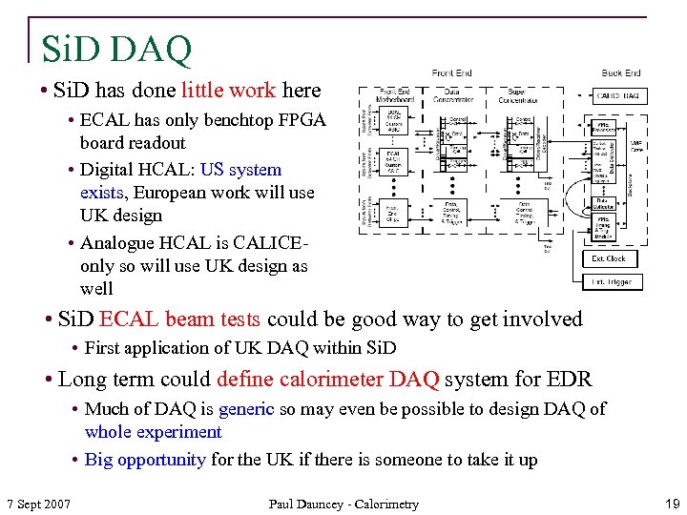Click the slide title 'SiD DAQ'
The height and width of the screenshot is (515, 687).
[116, 48]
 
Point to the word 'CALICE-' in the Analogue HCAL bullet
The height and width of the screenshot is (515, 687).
[276, 243]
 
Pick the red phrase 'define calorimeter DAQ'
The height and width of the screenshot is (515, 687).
[328, 380]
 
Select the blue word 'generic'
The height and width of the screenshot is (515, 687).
[246, 409]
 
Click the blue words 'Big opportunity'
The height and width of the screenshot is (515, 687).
[145, 460]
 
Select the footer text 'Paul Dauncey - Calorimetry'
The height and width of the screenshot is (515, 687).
[343, 504]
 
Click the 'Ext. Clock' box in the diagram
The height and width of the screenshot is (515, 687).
[609, 258]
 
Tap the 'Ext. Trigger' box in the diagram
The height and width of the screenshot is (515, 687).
[609, 282]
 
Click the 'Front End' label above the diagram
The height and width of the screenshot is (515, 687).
[452, 73]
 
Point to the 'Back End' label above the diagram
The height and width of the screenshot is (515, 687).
[621, 73]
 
